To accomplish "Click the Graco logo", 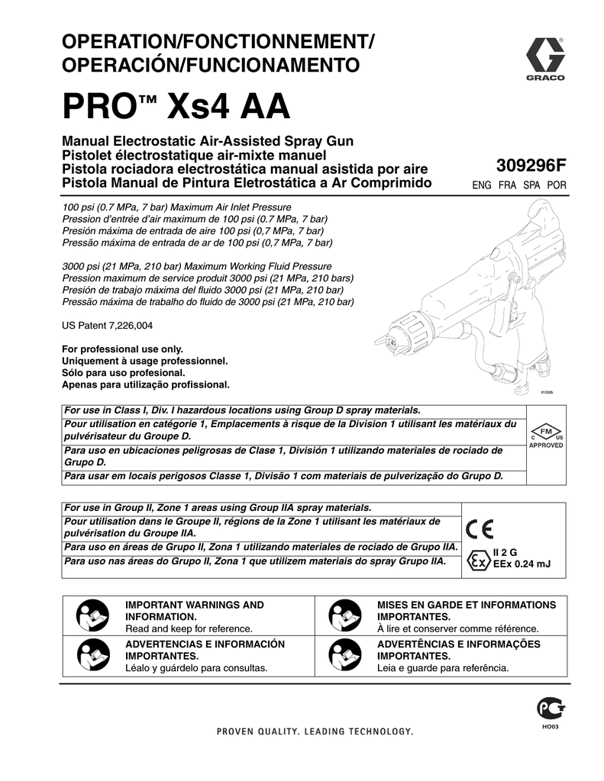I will pos(544,59).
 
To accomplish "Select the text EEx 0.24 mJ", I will pos(522,564).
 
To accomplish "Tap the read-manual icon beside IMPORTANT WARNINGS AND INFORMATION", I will pos(90,615).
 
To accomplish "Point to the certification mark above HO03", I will pos(546,710).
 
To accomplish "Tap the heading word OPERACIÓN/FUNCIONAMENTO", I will pos(209,65).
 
